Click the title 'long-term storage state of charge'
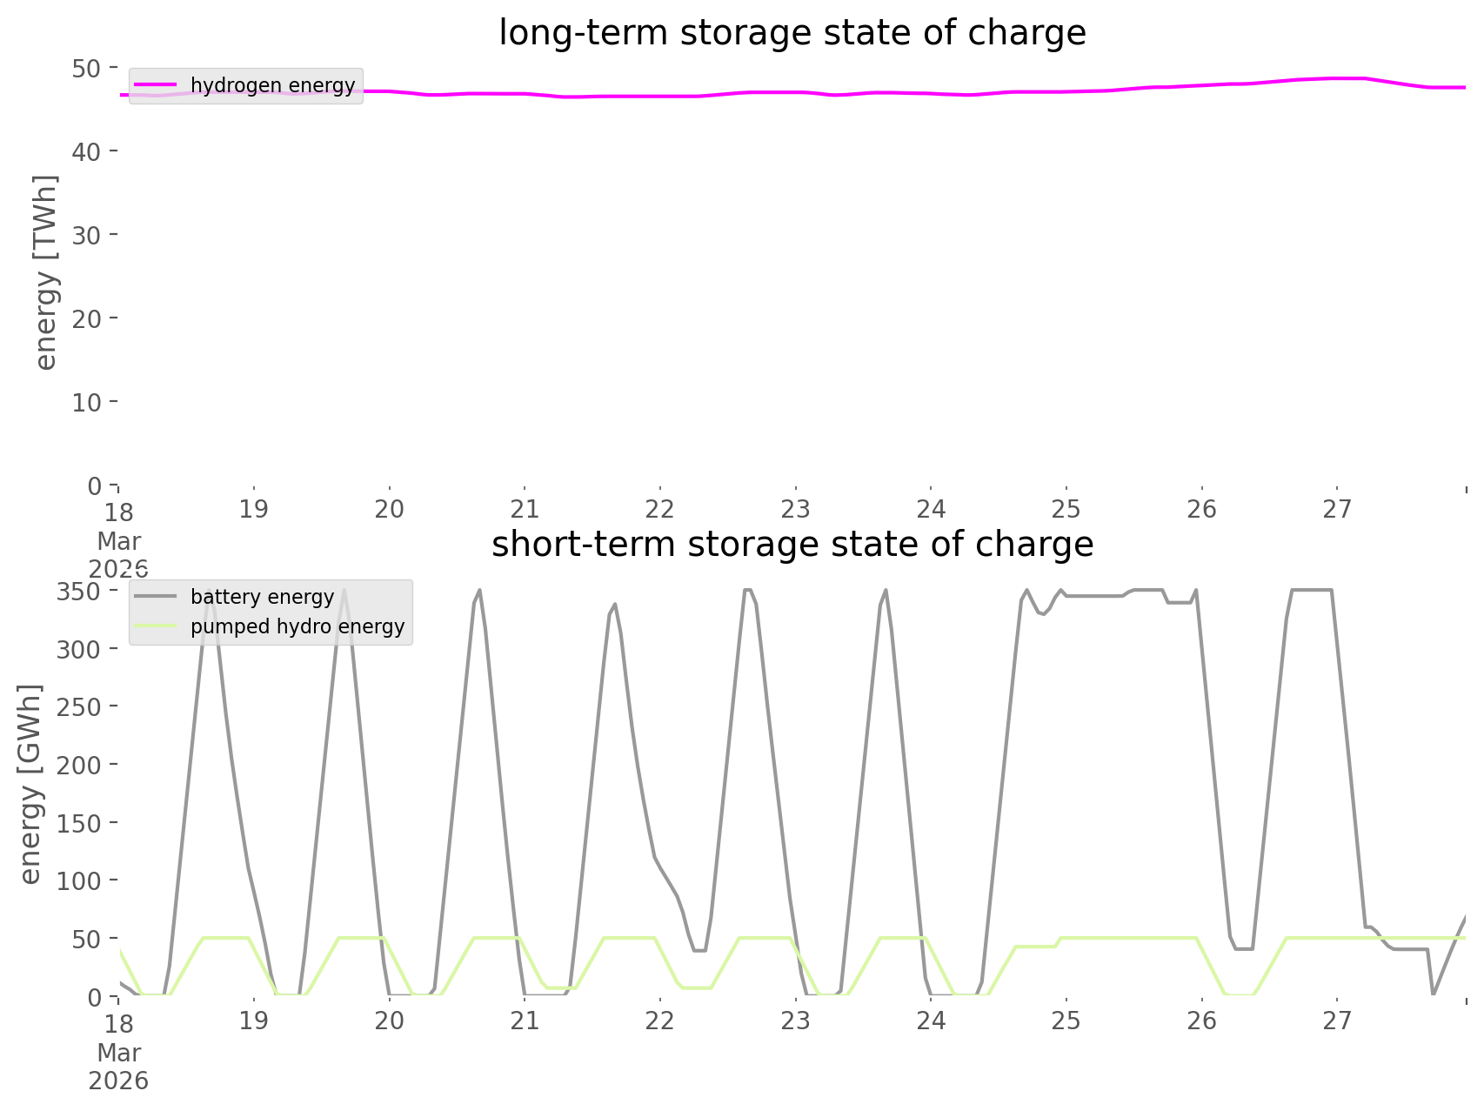pyautogui.click(x=792, y=33)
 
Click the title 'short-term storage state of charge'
pyautogui.click(x=792, y=545)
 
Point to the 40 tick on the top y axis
pyautogui.click(x=86, y=151)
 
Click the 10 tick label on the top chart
pyautogui.click(x=86, y=402)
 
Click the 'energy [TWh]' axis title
pyautogui.click(x=46, y=272)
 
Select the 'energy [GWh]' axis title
pyautogui.click(x=30, y=784)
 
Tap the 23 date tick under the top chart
pyautogui.click(x=795, y=509)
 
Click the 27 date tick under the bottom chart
pyautogui.click(x=1337, y=1021)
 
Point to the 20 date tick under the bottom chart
pyautogui.click(x=389, y=1021)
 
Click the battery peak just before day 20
pyautogui.click(x=344, y=591)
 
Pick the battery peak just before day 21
pyautogui.click(x=479, y=591)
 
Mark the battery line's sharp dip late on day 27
pyautogui.click(x=1433, y=993)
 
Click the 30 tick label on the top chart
pyautogui.click(x=86, y=235)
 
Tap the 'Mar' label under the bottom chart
pyautogui.click(x=118, y=1053)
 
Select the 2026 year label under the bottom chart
pyautogui.click(x=118, y=1081)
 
